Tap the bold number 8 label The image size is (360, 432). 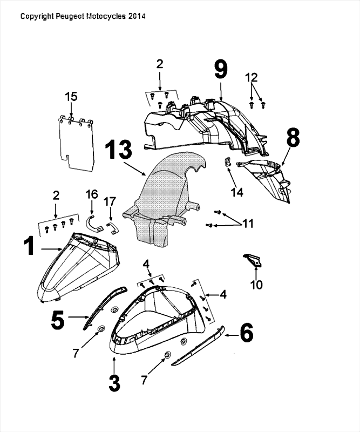292,138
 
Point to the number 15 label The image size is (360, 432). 71,97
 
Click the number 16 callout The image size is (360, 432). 91,193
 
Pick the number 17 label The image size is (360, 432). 110,201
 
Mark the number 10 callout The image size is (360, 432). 257,283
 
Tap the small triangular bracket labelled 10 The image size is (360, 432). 253,260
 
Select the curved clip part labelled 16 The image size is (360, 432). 93,223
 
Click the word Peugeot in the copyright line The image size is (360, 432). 70,17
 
